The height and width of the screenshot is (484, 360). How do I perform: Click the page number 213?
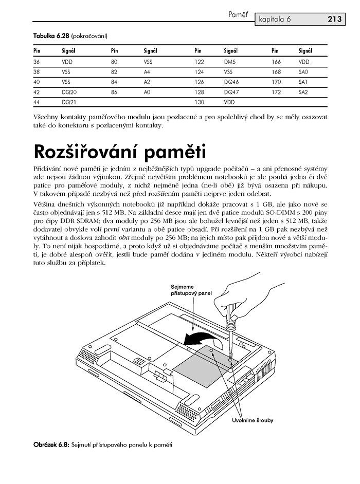click(334, 20)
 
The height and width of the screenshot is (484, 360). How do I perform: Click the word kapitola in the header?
click(272, 20)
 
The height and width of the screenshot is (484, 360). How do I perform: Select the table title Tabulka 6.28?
click(51, 36)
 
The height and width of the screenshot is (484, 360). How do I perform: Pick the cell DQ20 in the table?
click(69, 91)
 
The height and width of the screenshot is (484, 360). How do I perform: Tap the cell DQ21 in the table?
click(69, 102)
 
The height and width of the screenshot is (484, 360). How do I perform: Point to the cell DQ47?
click(232, 91)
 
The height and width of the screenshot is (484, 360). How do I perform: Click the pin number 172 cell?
click(277, 91)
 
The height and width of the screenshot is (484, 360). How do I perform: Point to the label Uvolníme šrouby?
click(252, 420)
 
